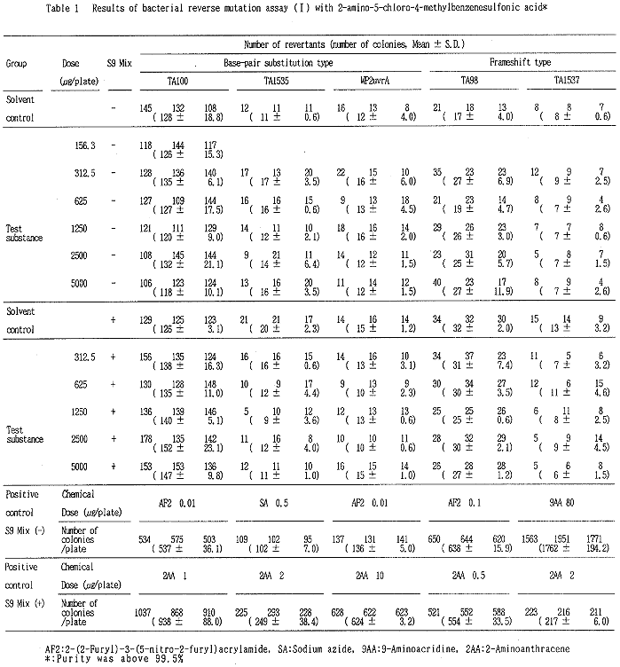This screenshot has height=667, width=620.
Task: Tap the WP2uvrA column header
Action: click(x=371, y=81)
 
